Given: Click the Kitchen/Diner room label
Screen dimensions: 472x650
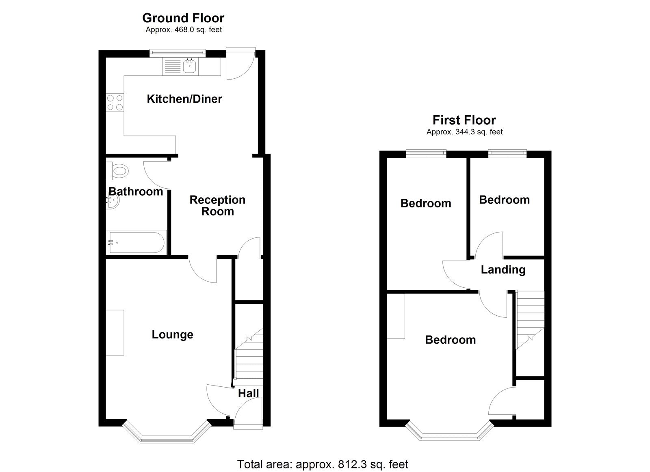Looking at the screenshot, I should pos(184,99).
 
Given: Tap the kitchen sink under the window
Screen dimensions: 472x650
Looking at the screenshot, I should pos(189,66).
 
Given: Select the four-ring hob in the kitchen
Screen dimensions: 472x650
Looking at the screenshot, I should pos(115,102).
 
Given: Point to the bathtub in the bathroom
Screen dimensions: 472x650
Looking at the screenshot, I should pos(136,242).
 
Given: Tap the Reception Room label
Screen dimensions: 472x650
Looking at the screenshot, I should pos(217,205).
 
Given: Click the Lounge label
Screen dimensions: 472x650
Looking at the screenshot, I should pos(172,335).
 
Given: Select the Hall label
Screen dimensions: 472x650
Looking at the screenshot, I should pos(248,393).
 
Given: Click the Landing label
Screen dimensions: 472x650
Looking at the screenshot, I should pos(503,270).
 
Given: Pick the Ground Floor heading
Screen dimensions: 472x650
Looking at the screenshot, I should pos(183,18).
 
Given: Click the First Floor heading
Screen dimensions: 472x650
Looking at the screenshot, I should pos(464,120).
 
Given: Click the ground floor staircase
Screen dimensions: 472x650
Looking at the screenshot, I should pos(249,357).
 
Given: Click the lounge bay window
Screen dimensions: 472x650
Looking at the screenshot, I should pos(167,436).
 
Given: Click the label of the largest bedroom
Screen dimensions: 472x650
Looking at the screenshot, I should pos(450,340).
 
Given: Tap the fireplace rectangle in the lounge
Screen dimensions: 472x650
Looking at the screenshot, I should pos(115,332).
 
